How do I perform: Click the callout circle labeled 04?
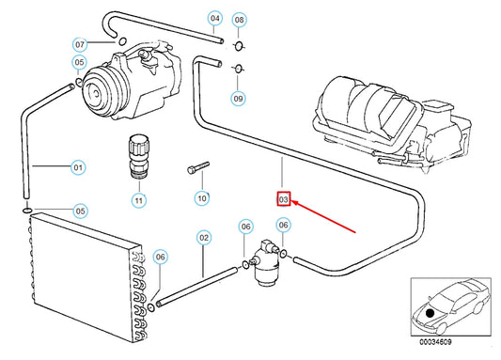pyautogui.click(x=214, y=18)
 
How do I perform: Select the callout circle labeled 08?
pyautogui.click(x=239, y=20)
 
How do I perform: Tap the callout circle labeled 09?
pyautogui.click(x=239, y=98)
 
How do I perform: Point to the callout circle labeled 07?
pyautogui.click(x=80, y=44)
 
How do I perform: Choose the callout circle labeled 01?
pyautogui.click(x=79, y=168)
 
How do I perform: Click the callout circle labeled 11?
pyautogui.click(x=139, y=200)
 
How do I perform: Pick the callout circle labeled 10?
pyautogui.click(x=201, y=198)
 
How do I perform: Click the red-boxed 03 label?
pyautogui.click(x=283, y=198)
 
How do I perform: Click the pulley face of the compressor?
pyautogui.click(x=94, y=95)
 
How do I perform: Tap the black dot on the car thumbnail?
pyautogui.click(x=431, y=312)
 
